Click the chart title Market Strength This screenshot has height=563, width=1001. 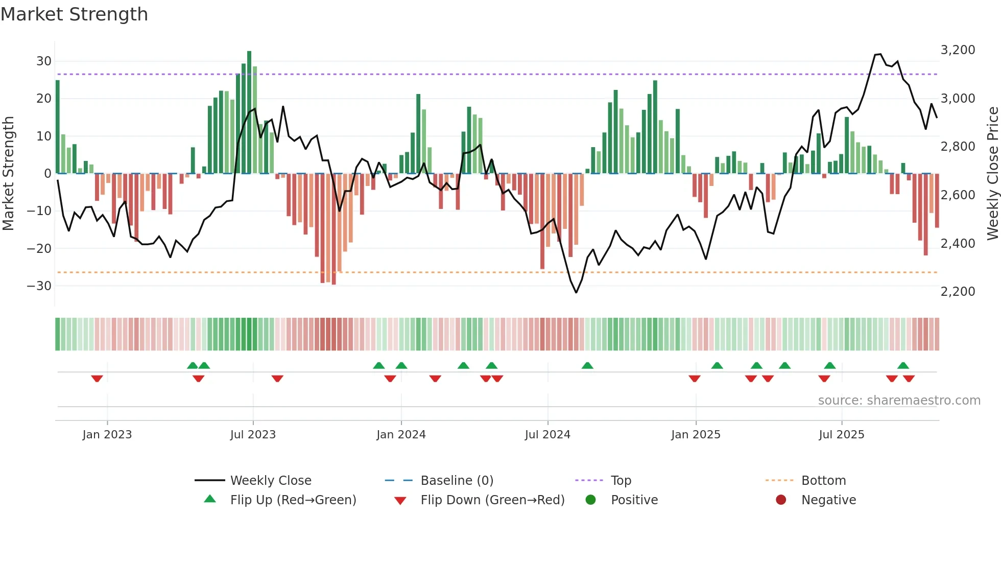74,14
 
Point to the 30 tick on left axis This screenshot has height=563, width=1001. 44,61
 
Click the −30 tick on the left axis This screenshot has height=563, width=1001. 39,286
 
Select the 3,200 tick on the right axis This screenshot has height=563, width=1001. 958,50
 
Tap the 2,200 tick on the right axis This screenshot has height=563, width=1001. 958,292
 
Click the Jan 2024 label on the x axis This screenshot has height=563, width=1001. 401,435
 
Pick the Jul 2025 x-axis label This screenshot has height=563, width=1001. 841,435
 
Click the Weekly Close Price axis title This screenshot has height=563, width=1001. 992,174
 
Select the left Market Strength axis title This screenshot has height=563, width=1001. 8,174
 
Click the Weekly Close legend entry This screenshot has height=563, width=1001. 271,481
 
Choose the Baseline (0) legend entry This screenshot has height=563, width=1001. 457,481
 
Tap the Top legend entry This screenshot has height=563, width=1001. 621,481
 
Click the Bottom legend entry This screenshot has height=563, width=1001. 823,481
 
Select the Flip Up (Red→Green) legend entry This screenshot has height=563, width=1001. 293,500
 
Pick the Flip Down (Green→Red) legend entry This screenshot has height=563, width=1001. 492,500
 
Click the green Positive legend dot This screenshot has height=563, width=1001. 591,500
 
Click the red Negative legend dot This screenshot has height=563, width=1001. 781,500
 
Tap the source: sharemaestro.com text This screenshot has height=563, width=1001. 899,401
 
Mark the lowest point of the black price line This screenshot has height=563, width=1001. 576,292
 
